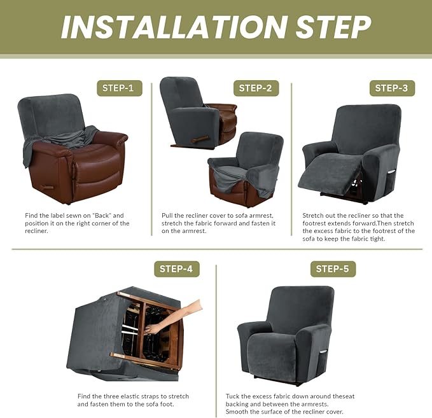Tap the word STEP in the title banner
tap(333, 27)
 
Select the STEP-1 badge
tap(120, 88)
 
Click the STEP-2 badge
tap(256, 88)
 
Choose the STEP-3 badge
tap(392, 88)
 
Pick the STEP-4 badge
tap(177, 269)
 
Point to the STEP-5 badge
tap(333, 269)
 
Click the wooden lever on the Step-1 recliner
tap(47, 188)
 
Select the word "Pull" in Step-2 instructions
tap(167, 216)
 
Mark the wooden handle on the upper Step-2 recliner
tap(200, 140)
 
